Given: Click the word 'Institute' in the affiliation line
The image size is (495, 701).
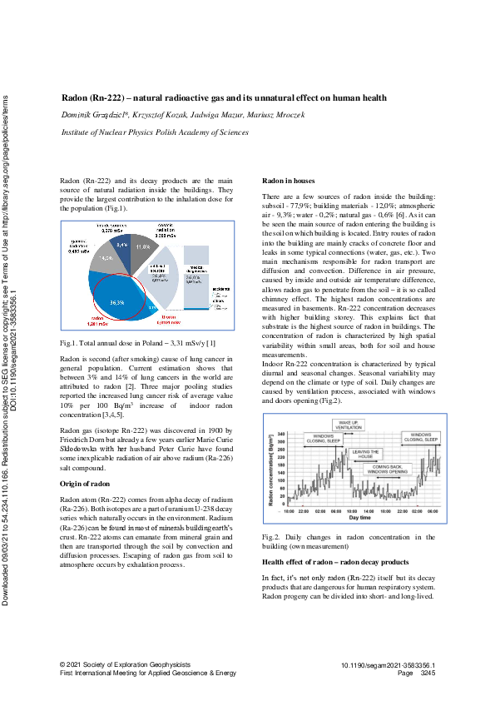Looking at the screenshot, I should (x=78, y=132).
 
